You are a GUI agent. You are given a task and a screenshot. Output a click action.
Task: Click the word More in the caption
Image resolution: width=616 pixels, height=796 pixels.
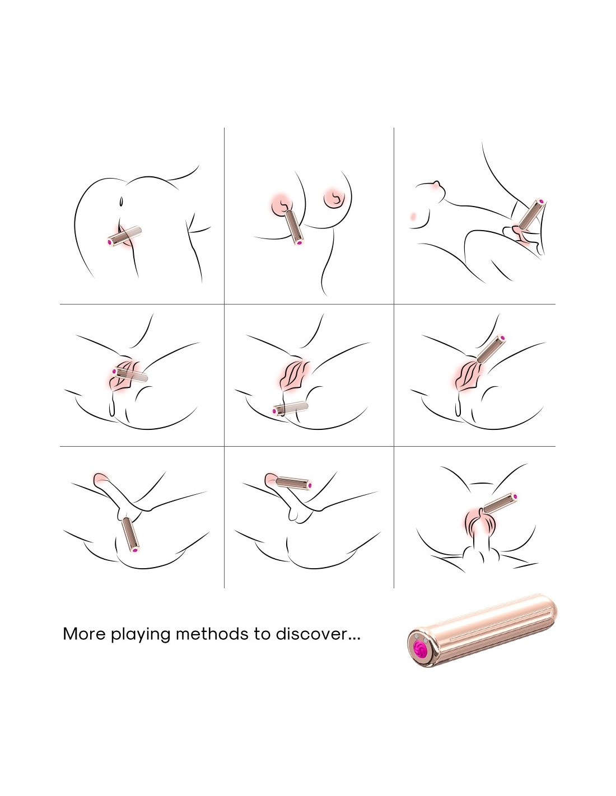[85, 634]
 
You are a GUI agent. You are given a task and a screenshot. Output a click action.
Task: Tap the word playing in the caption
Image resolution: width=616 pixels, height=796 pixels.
[141, 635]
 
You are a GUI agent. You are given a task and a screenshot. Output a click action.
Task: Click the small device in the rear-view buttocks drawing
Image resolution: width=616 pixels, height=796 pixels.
[124, 236]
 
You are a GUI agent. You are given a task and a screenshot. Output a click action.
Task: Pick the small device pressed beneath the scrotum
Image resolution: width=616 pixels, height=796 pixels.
[130, 535]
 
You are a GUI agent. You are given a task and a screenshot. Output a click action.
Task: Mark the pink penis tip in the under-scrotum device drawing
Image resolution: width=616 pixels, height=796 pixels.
[101, 478]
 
